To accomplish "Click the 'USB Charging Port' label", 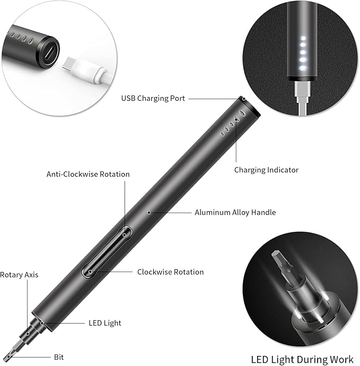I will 153,98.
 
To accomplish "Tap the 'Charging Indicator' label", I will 266,170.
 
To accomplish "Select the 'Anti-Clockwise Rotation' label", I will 88,174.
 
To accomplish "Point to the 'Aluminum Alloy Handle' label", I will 235,212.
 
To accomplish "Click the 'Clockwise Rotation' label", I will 170,272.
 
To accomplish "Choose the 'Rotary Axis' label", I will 19,275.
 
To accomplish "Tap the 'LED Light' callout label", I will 104,323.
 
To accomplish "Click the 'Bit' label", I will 59,358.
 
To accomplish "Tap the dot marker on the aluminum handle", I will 150,212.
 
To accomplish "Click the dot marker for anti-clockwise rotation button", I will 125,233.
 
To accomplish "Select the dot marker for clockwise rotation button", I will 91,272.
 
